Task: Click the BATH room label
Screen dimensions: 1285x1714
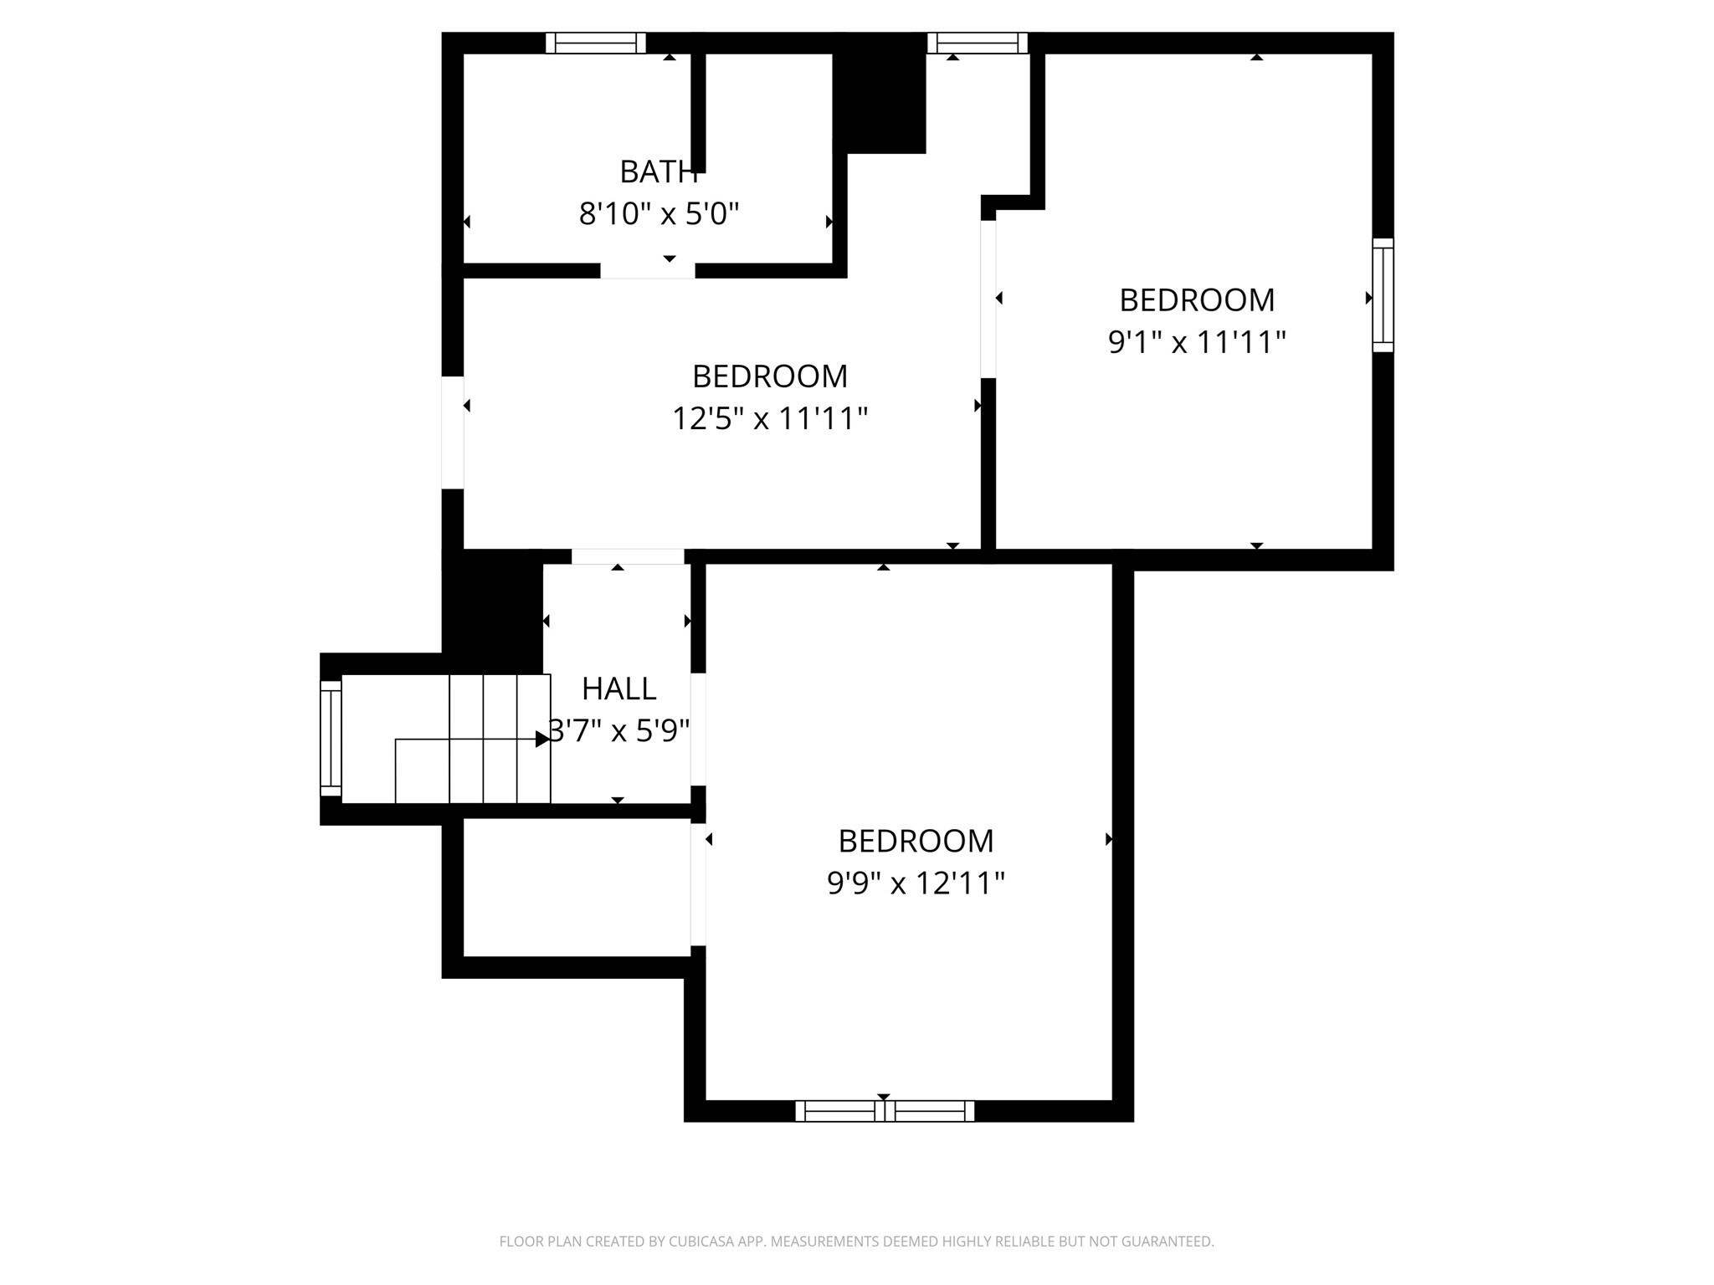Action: [x=658, y=172]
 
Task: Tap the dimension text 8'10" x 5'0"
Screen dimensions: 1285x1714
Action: [x=659, y=214]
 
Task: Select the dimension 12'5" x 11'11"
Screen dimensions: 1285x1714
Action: [x=769, y=417]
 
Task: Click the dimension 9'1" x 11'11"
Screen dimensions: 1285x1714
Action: [x=1196, y=342]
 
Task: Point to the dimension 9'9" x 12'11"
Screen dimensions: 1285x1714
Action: [x=916, y=883]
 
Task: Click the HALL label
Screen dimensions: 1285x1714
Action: [x=618, y=689]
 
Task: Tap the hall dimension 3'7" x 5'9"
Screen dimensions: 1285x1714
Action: [x=619, y=731]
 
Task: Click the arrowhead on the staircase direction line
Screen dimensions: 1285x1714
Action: [x=542, y=739]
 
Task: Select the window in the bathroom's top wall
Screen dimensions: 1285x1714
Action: [x=596, y=43]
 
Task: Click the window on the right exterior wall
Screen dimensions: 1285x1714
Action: [x=1383, y=295]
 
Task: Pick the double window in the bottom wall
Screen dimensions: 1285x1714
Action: [x=885, y=1111]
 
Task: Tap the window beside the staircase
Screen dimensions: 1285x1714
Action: [x=331, y=739]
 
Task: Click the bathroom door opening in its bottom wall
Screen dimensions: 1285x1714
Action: [x=648, y=270]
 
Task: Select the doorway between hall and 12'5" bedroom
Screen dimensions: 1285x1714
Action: [x=628, y=556]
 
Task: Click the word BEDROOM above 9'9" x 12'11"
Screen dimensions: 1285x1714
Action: [x=916, y=841]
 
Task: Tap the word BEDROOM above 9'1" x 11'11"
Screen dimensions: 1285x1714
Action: [x=1196, y=299]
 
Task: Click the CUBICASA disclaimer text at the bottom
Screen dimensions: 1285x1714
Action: [x=856, y=1241]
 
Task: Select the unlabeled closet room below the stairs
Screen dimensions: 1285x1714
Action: [x=576, y=887]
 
